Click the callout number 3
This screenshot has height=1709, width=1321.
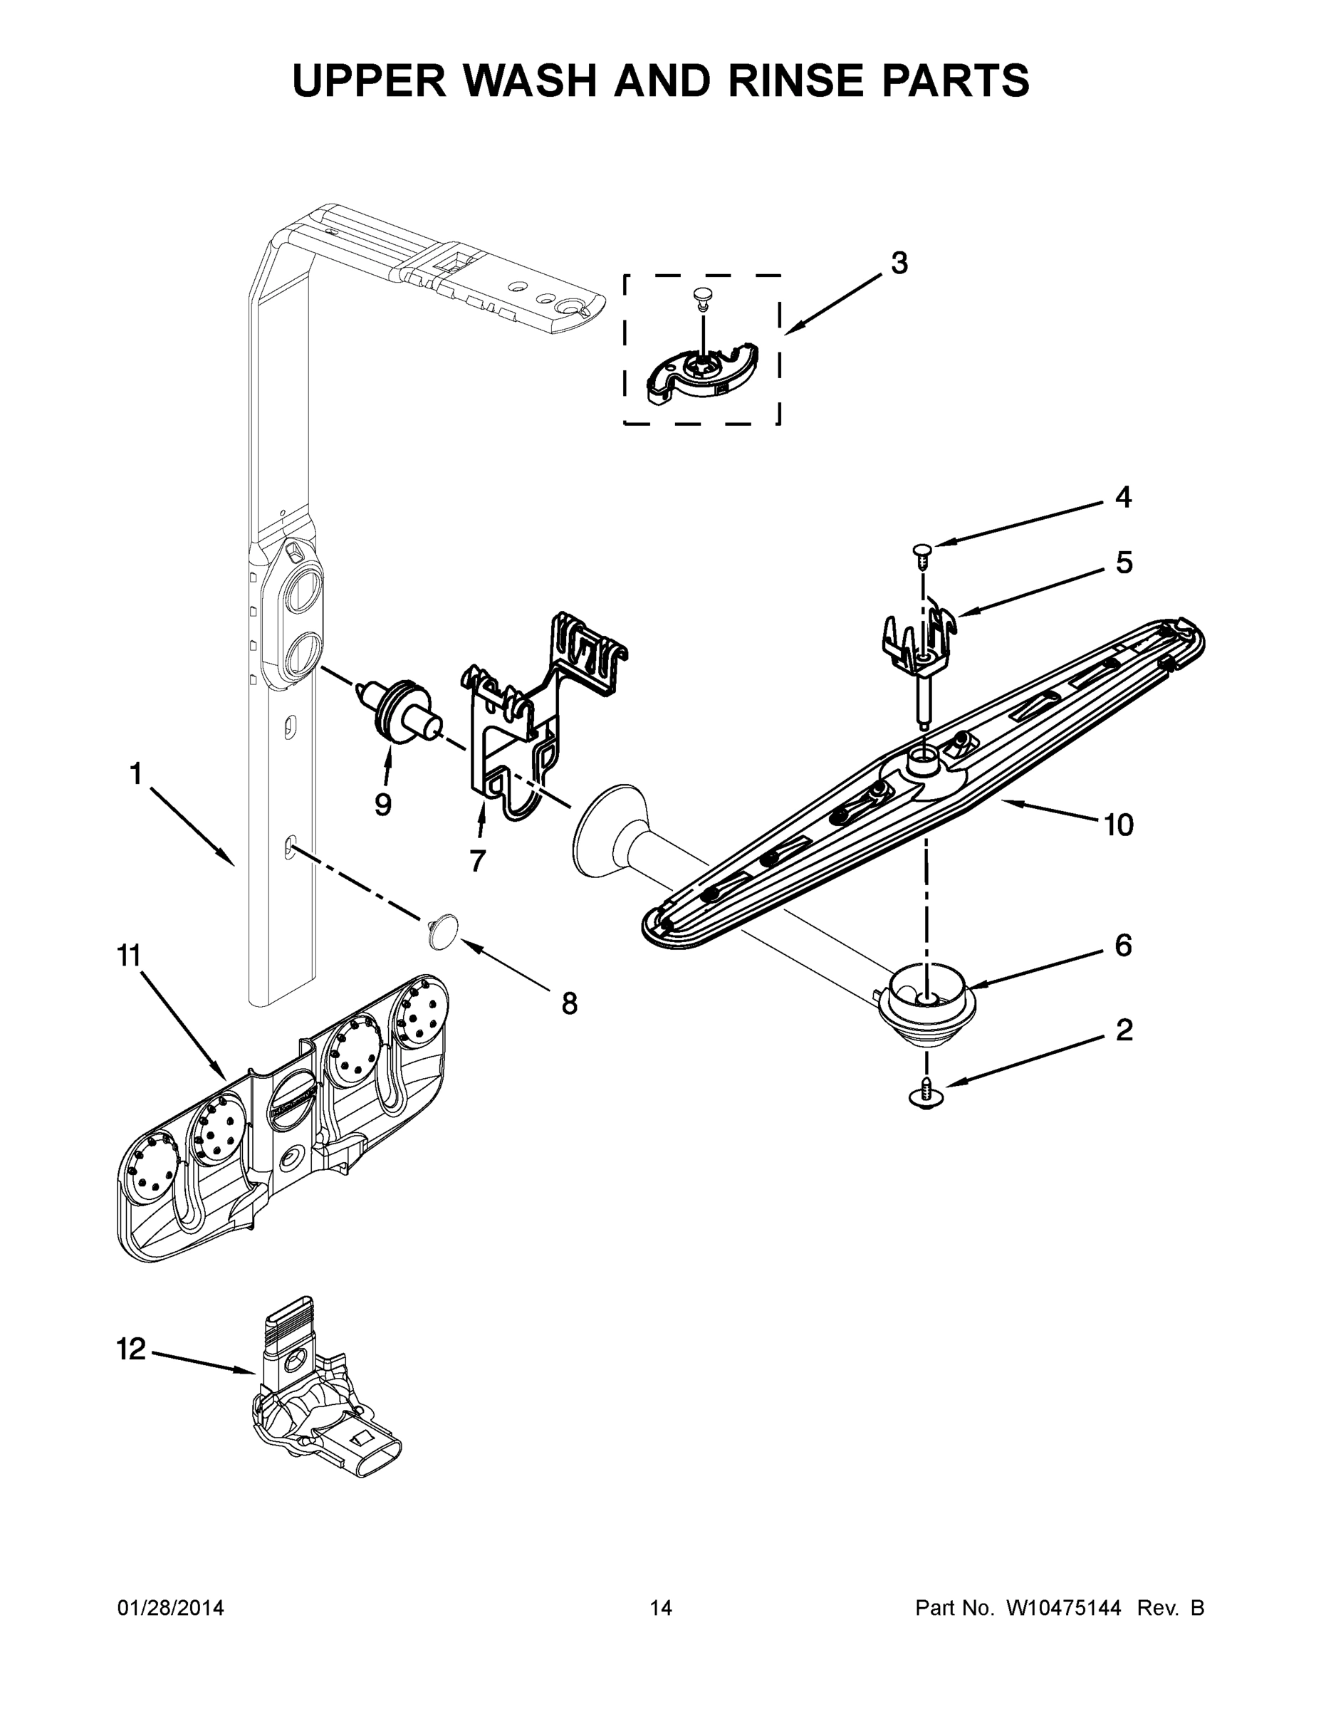coord(899,263)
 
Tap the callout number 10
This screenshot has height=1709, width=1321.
coord(1118,824)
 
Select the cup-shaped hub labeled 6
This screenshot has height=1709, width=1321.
coord(928,1010)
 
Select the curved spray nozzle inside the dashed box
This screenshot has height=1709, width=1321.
coord(701,372)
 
